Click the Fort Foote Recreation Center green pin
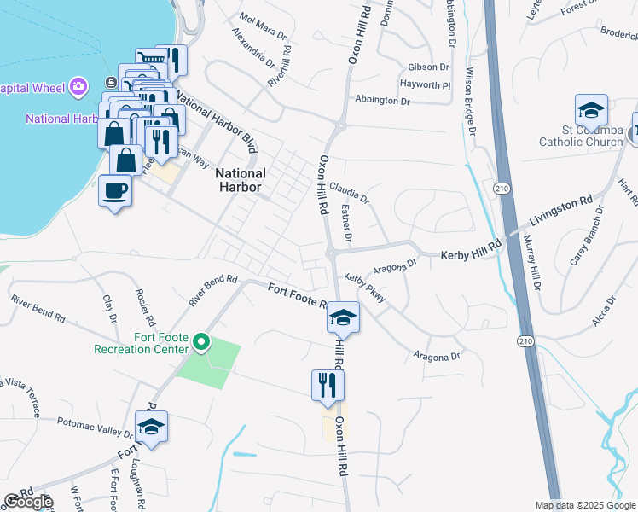pyautogui.click(x=201, y=343)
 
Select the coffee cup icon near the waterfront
pyautogui.click(x=114, y=192)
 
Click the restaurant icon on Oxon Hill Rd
pyautogui.click(x=328, y=387)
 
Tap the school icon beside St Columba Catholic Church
pyautogui.click(x=591, y=111)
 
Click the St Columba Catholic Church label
pyautogui.click(x=581, y=136)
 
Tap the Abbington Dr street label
pyautogui.click(x=382, y=100)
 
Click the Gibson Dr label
pyautogui.click(x=428, y=67)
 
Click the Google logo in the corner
pyautogui.click(x=27, y=502)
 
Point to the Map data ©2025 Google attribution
pyautogui.click(x=584, y=505)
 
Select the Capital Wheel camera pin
pyautogui.click(x=78, y=86)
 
